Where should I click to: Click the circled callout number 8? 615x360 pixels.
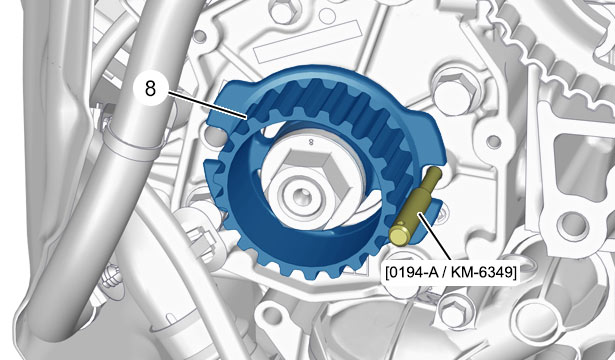coord(150,89)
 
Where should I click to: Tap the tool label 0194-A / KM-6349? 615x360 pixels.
coord(451,272)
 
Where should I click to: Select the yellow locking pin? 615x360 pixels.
coord(415,207)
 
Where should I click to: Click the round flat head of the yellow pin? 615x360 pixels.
coord(398,236)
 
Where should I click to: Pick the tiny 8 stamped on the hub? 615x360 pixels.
coord(311,142)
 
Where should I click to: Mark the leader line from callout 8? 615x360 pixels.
coord(207,104)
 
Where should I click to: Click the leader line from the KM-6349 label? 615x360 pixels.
coord(435,238)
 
